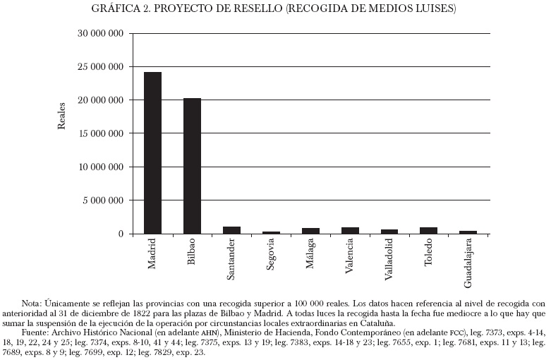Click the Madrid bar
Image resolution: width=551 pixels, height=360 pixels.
click(152, 152)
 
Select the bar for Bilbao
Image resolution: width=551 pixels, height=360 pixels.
click(192, 166)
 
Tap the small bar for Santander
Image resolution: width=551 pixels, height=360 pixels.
click(231, 230)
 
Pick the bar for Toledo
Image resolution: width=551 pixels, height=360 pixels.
click(429, 230)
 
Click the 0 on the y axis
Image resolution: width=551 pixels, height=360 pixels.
click(121, 234)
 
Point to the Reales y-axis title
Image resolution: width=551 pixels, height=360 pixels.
click(61, 116)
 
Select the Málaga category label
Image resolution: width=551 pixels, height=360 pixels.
click(311, 255)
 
